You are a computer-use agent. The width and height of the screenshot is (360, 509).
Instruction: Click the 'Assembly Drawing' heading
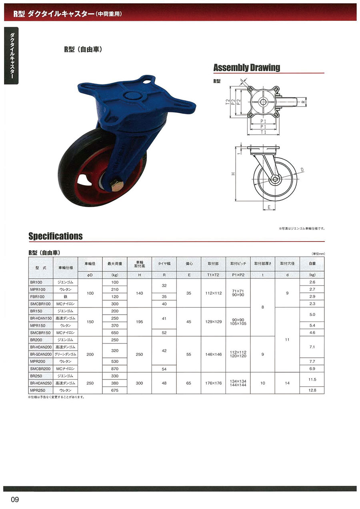(x=247, y=68)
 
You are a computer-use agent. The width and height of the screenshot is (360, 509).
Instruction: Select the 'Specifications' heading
(x=56, y=236)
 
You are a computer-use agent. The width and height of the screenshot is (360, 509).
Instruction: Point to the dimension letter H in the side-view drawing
(x=233, y=174)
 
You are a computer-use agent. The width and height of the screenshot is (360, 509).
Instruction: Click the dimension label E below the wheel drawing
(x=269, y=207)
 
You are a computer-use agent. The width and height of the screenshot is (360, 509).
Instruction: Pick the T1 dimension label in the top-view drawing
(x=263, y=132)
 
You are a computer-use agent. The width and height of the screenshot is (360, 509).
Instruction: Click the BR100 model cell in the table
(x=36, y=282)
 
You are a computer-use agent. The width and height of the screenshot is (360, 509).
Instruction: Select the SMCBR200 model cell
(x=40, y=369)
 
